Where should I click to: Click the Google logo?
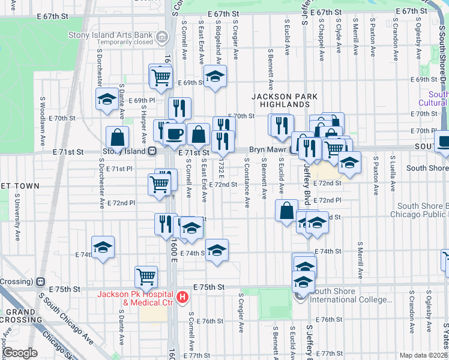pos(20,353)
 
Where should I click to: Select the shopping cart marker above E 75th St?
pos(146,277)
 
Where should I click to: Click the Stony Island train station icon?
pos(152,152)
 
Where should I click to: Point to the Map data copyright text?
pos(424,355)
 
